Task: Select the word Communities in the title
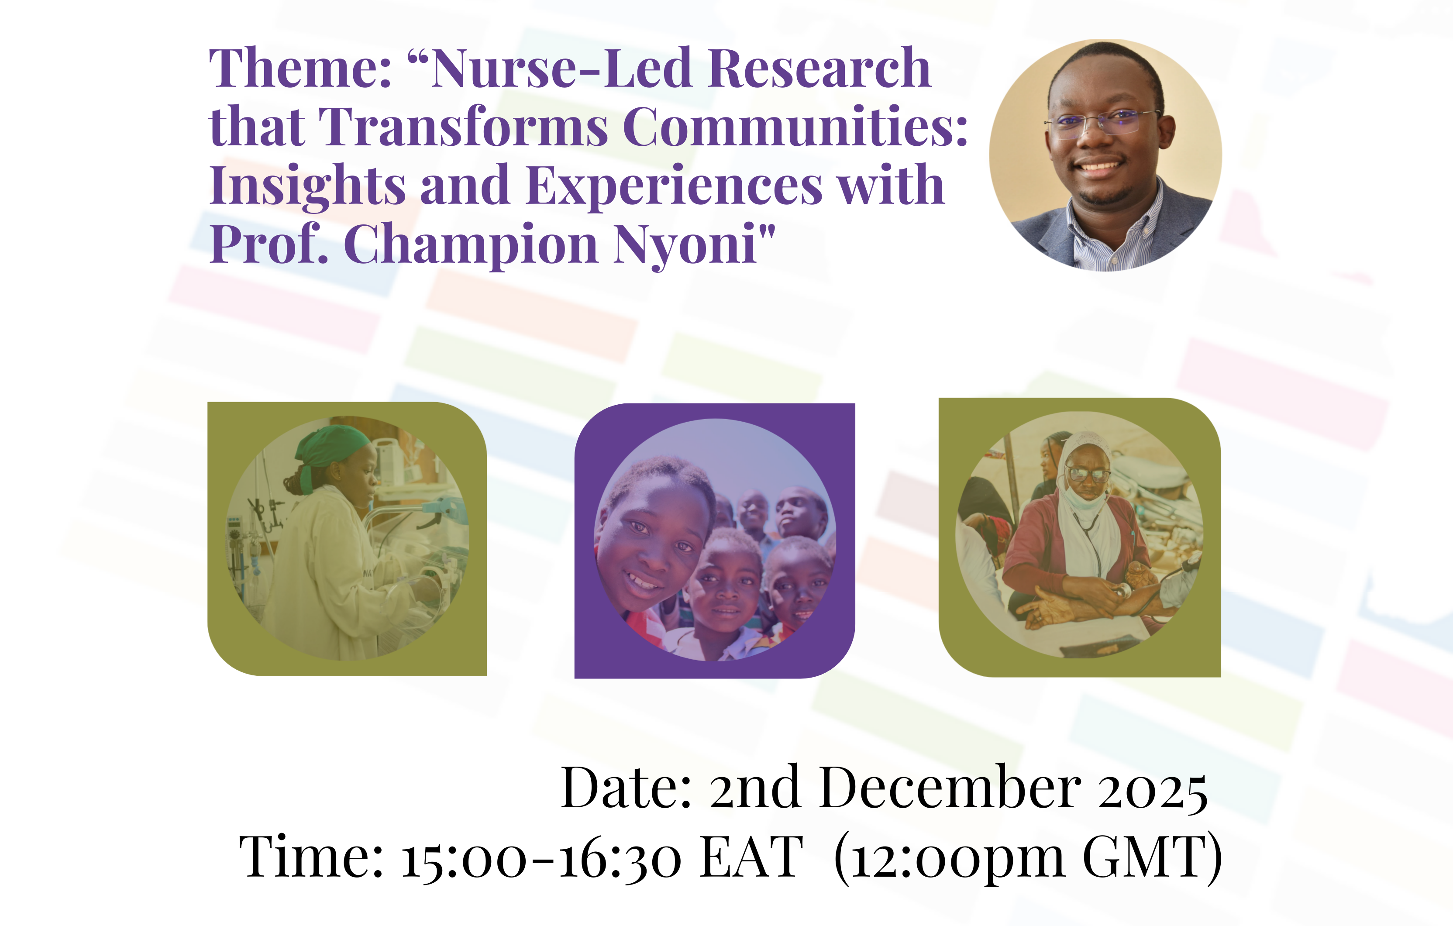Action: [795, 126]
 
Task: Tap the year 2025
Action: [1153, 790]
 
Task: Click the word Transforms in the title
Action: [463, 126]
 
